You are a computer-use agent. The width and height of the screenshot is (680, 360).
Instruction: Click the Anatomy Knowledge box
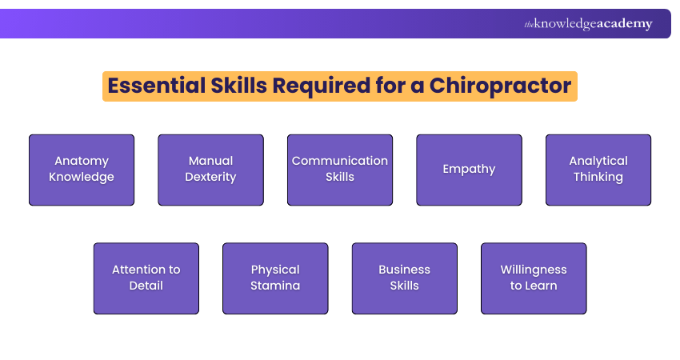pos(82,170)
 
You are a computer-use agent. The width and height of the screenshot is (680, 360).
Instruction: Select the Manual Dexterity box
pos(210,170)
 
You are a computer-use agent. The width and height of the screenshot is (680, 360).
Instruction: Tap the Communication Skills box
pos(340,170)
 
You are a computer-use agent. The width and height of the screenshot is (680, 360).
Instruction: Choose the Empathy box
pos(469,170)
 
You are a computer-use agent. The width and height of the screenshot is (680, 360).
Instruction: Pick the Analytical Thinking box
pos(598,170)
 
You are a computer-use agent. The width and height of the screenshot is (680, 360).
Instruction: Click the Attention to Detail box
pos(146,278)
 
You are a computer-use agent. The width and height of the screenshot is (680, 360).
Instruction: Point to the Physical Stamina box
pos(275,278)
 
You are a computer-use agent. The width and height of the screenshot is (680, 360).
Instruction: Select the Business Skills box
pos(405,278)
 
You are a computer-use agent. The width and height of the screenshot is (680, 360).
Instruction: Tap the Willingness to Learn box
pos(534,278)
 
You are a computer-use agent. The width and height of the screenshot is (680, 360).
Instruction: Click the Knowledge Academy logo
pos(588,24)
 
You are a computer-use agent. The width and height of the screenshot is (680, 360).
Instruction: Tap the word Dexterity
pos(210,177)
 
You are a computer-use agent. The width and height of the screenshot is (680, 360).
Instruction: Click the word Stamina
pos(275,286)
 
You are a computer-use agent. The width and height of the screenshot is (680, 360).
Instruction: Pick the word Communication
pos(340,161)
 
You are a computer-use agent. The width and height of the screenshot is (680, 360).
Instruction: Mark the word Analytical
pos(598,161)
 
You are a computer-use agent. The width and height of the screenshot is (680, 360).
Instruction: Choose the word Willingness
pos(534,270)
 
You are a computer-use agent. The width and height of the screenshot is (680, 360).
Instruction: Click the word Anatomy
pos(82,161)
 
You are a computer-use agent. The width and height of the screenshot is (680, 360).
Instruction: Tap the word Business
pos(405,270)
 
